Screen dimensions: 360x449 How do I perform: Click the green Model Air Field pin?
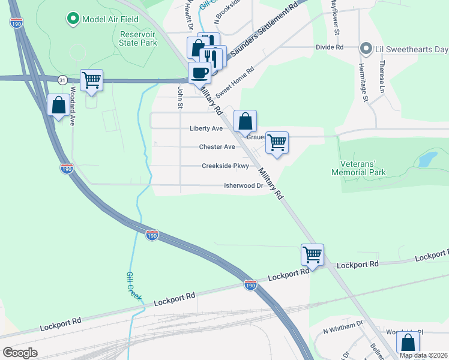[x=73, y=19]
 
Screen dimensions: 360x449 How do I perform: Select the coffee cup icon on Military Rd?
[x=199, y=73]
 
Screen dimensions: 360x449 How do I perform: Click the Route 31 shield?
[x=62, y=79]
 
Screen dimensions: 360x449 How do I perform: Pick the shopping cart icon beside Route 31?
[x=91, y=79]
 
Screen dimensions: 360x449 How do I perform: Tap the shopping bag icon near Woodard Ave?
[x=59, y=106]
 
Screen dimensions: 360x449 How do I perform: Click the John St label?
[x=179, y=97]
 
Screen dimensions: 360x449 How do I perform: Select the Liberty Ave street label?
[x=206, y=128]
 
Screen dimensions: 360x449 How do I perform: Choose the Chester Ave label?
[x=217, y=147]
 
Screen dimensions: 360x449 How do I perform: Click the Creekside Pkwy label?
[x=225, y=166]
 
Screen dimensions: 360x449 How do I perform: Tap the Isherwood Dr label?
[x=244, y=186]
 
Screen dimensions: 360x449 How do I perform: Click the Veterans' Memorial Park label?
[x=358, y=168]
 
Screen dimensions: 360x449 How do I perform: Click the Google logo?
[x=20, y=353]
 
